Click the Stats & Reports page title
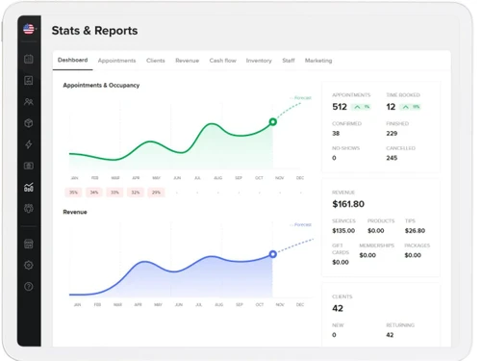(x=94, y=31)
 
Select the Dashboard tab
(x=72, y=61)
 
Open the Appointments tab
(x=116, y=61)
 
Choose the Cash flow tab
(x=222, y=61)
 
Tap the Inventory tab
(x=259, y=61)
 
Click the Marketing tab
(x=318, y=61)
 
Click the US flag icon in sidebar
(x=29, y=31)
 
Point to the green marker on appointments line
(x=273, y=122)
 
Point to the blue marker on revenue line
(x=273, y=254)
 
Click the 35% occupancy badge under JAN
(x=74, y=193)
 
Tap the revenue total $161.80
(x=348, y=204)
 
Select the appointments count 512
(x=340, y=107)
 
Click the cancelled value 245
(x=392, y=158)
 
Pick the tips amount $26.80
(x=415, y=231)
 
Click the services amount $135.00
(x=343, y=231)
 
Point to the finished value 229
(x=392, y=133)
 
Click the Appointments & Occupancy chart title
(x=101, y=86)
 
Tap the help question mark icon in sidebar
(x=29, y=287)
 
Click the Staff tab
(x=289, y=61)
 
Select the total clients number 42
(x=338, y=309)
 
